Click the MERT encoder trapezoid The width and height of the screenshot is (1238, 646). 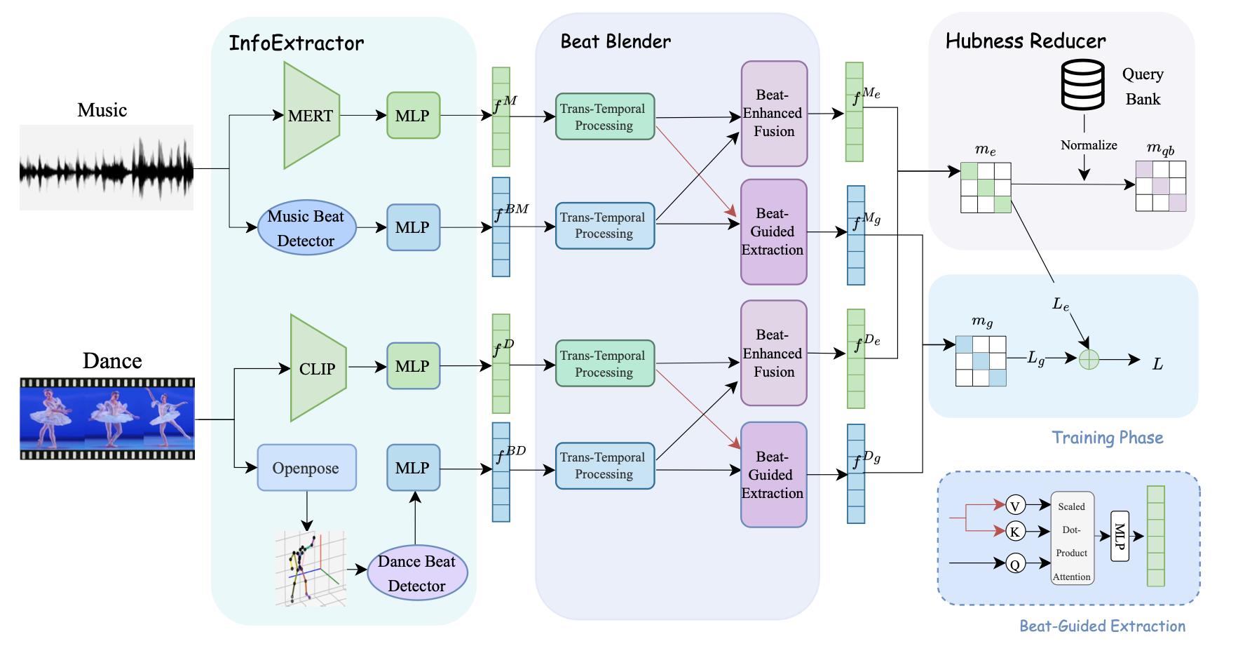coord(311,116)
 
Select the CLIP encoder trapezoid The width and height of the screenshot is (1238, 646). coord(318,368)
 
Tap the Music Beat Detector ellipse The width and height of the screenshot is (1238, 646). coord(306,228)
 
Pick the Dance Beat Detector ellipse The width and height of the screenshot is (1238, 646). coord(417,573)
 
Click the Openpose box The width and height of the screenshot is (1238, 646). coord(306,468)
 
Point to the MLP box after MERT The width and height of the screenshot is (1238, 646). coord(413,116)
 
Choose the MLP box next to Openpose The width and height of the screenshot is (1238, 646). coord(413,468)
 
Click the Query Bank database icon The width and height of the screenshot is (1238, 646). coord(1083,85)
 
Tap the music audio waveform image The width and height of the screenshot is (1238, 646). coord(107,168)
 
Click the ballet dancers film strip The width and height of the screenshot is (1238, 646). coord(107,419)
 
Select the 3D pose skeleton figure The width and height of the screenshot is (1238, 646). coord(310,568)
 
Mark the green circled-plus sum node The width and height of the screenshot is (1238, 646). coord(1089,360)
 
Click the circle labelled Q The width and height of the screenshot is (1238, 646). coord(1015,563)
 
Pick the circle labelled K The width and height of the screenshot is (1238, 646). coord(1015,531)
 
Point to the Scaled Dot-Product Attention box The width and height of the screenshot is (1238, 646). coord(1072,539)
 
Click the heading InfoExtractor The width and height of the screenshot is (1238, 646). coord(297,43)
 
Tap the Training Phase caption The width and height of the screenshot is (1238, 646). coord(1107,438)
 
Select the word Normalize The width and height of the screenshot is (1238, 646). coord(1088,145)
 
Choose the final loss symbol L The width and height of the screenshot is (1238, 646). coord(1157,364)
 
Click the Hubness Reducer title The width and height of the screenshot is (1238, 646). coord(1025,41)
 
